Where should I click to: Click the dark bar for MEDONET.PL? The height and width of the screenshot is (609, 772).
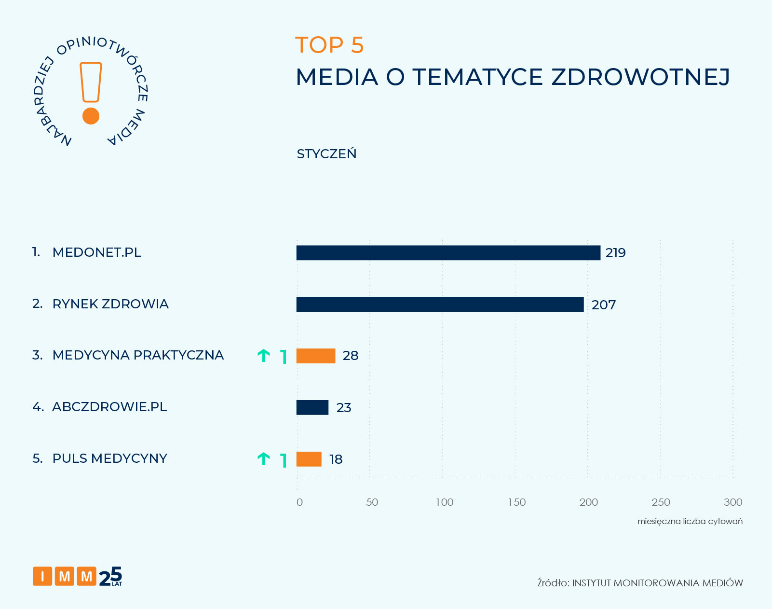click(448, 253)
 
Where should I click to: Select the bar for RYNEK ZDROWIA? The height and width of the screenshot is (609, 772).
click(440, 304)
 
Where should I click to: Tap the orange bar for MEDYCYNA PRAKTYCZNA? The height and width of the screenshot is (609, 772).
click(315, 356)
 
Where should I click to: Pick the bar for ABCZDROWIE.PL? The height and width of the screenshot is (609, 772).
click(312, 407)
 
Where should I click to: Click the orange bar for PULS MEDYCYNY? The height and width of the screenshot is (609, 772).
click(309, 459)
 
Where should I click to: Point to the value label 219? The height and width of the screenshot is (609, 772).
click(615, 253)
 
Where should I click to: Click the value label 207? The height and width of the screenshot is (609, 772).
click(604, 305)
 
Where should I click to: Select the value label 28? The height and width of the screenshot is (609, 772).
click(351, 356)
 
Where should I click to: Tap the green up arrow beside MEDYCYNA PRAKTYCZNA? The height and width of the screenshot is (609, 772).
click(263, 356)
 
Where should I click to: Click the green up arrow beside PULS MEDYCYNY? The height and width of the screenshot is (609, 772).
click(263, 458)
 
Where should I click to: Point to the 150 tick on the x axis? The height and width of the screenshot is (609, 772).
click(516, 502)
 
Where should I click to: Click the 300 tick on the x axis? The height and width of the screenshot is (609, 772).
click(732, 502)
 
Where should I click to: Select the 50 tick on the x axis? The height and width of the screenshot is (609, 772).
click(372, 502)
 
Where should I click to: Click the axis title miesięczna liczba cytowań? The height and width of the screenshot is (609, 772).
click(690, 521)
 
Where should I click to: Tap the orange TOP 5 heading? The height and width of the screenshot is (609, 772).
click(329, 45)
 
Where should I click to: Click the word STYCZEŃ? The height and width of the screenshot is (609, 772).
click(326, 154)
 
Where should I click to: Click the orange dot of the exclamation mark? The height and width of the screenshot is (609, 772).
click(91, 116)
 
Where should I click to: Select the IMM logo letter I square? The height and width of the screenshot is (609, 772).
click(42, 576)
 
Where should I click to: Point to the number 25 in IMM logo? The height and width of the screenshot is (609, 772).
click(110, 576)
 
